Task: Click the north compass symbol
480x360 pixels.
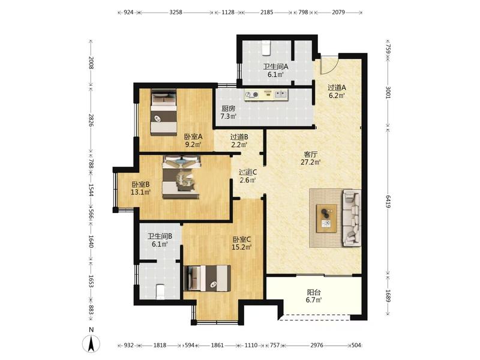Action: point(91,343)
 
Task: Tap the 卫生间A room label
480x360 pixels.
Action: point(275,66)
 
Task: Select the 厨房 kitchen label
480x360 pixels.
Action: point(229,109)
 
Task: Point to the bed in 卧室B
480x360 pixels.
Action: point(181,177)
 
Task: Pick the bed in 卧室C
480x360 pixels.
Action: point(208,278)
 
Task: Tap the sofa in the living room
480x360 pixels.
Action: point(352,218)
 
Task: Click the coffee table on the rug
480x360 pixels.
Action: point(326,218)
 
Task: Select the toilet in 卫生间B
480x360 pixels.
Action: point(160,292)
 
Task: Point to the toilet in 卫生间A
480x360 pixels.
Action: point(266,48)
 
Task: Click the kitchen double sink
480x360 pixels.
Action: point(281,94)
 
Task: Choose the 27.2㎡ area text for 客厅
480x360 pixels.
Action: point(310,162)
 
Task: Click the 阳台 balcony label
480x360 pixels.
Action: point(314,292)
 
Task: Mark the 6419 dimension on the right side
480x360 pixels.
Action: point(388,202)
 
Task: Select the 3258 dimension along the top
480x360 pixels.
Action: point(176,13)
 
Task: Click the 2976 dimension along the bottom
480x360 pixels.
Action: point(317,346)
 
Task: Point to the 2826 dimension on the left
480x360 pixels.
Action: point(91,121)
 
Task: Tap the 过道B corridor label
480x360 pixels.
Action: point(239,137)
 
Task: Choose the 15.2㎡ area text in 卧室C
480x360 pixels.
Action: point(242,247)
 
